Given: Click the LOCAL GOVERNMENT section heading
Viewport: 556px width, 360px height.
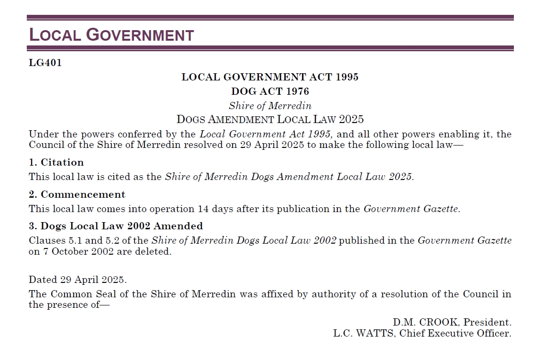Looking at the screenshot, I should click(111, 35).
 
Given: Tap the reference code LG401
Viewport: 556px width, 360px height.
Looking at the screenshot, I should click(45, 63).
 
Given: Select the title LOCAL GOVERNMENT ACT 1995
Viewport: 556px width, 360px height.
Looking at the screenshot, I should click(270, 77).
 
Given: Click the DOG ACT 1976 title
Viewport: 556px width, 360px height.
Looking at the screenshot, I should click(270, 91).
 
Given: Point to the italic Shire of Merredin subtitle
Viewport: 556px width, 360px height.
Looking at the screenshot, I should click(270, 106).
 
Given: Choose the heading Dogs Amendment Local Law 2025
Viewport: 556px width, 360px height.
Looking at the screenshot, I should click(270, 119).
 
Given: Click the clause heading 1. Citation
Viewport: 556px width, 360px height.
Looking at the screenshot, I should click(56, 162).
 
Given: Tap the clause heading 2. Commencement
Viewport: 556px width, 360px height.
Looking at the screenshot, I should click(77, 194).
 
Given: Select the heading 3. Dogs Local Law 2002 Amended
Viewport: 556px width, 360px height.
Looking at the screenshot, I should click(115, 226).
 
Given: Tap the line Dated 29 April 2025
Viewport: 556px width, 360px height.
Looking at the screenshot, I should click(78, 280).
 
